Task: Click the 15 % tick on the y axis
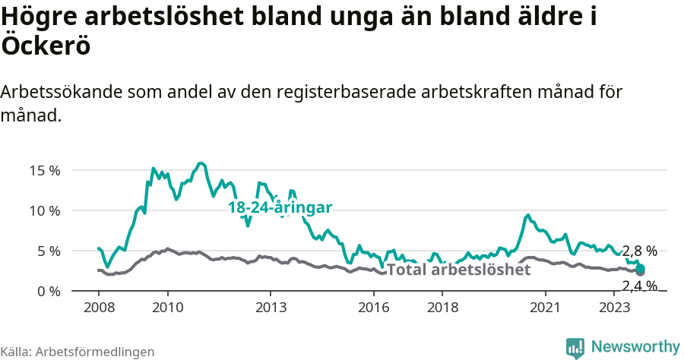click(x=45, y=170)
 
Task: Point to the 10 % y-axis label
click(x=45, y=210)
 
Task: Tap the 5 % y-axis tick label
click(x=48, y=251)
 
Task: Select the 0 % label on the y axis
click(x=48, y=292)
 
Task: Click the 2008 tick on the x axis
click(x=99, y=308)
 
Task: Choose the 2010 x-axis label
click(x=167, y=308)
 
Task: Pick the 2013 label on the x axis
click(x=271, y=308)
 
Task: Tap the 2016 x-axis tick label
click(x=373, y=308)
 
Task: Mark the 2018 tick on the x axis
click(x=442, y=308)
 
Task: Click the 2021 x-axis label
click(x=545, y=308)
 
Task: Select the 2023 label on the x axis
click(x=613, y=308)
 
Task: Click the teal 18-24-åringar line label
click(x=280, y=207)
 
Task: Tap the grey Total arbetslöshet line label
click(x=459, y=270)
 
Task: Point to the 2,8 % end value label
click(x=639, y=251)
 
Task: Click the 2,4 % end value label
click(x=639, y=286)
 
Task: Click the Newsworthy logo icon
click(x=575, y=347)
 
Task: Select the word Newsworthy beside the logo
click(x=635, y=347)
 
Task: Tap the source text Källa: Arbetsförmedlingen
click(x=78, y=352)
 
